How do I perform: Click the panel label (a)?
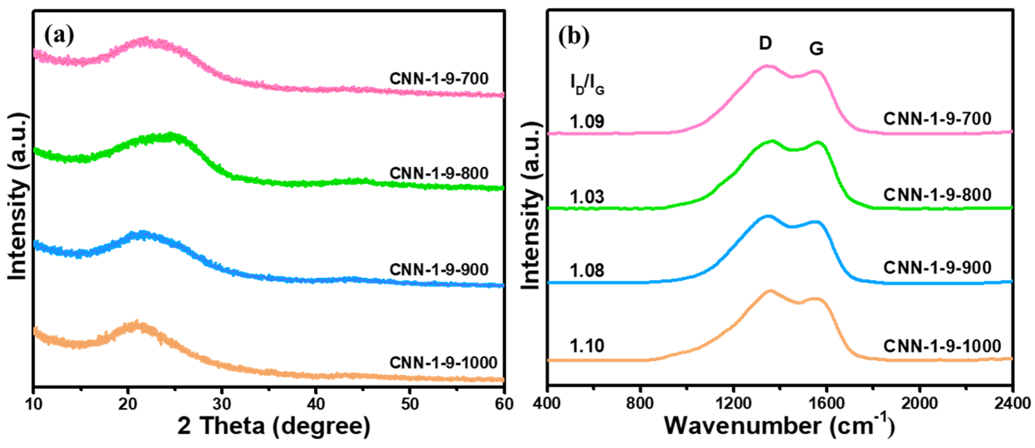59,36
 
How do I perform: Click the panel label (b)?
574,37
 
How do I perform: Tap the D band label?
765,43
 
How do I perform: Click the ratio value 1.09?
586,121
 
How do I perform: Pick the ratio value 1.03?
586,197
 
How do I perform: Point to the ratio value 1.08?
586,271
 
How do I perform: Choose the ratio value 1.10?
586,346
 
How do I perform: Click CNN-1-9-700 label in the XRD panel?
439,79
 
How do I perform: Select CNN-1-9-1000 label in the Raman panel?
942,346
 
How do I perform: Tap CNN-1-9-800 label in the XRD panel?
439,174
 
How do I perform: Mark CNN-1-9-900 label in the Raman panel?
937,268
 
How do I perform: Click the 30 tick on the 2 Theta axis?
222,404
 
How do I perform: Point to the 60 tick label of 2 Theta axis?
504,404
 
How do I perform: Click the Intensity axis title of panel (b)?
531,205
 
